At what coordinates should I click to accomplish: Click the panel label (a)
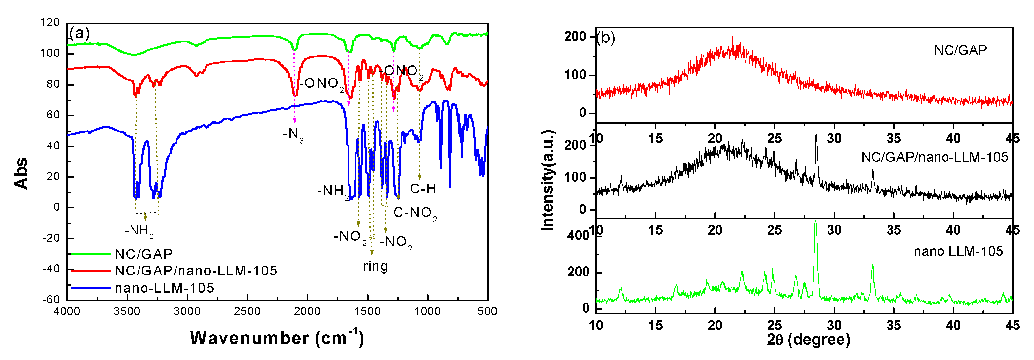[x=79, y=33]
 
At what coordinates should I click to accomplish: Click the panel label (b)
[x=606, y=38]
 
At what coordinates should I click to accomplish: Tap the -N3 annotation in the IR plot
[x=293, y=134]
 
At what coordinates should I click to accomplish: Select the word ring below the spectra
[x=375, y=266]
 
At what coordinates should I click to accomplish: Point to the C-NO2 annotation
[x=415, y=213]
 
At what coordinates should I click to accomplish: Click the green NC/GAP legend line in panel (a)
[x=90, y=254]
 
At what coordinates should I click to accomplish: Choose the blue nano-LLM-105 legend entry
[x=164, y=288]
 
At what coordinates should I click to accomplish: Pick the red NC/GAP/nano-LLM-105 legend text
[x=196, y=271]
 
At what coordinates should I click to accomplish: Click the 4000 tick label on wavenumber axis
[x=67, y=311]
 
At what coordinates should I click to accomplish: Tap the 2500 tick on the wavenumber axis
[x=247, y=311]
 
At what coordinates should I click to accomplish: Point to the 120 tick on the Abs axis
[x=50, y=22]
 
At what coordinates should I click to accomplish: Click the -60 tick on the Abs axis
[x=51, y=299]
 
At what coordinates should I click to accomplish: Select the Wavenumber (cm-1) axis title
[x=277, y=338]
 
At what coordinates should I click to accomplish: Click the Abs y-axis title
[x=21, y=173]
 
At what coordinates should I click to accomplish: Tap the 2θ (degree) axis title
[x=808, y=340]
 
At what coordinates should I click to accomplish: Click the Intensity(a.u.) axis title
[x=548, y=180]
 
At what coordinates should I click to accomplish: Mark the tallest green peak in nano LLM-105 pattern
[x=815, y=222]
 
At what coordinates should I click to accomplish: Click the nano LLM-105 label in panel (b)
[x=958, y=251]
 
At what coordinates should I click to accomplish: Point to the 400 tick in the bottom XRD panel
[x=578, y=236]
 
